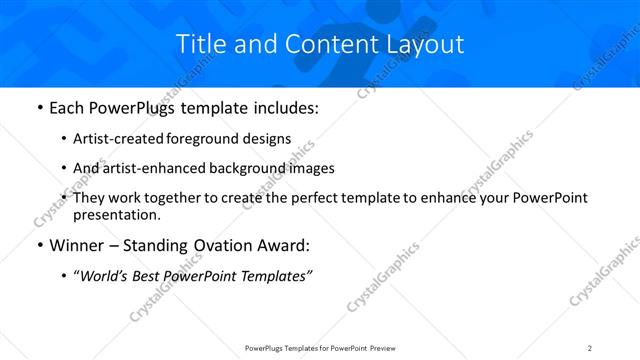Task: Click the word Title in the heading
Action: click(x=200, y=44)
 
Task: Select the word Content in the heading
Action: click(x=317, y=44)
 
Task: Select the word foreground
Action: click(x=199, y=140)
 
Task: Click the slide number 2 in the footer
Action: click(x=590, y=348)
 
